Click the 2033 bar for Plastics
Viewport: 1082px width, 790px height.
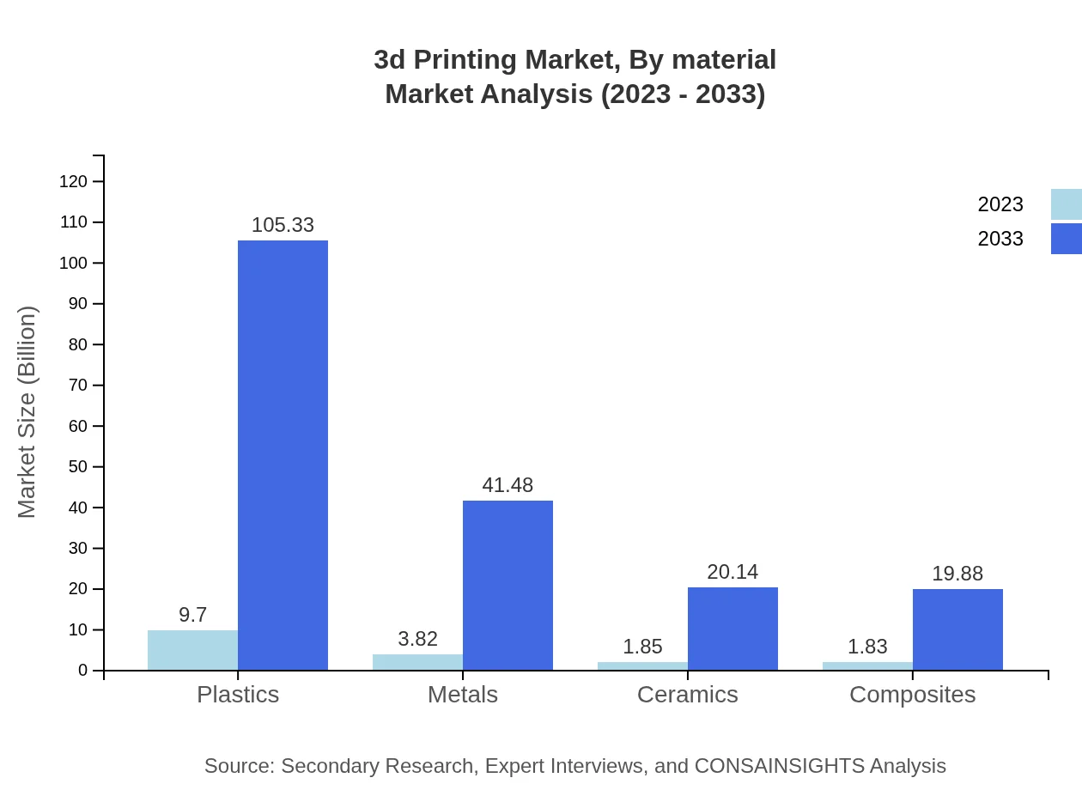click(283, 455)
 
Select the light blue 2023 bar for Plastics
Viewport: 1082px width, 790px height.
click(192, 650)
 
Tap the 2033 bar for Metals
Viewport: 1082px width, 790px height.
click(508, 585)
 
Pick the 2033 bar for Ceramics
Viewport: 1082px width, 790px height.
click(732, 629)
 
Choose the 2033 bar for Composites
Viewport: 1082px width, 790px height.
click(957, 629)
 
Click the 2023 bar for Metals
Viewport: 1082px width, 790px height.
click(417, 662)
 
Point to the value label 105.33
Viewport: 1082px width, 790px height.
click(283, 225)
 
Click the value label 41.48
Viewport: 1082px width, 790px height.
click(508, 485)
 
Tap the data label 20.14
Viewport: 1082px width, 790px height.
click(732, 572)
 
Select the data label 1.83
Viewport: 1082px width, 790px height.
click(867, 647)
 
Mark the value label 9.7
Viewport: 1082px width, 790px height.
click(192, 615)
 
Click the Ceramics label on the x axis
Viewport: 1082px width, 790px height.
click(687, 694)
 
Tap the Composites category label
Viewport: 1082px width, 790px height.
click(912, 694)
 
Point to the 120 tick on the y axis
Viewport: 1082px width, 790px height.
click(73, 181)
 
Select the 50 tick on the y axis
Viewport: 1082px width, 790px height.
click(77, 467)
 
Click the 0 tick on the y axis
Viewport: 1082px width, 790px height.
click(83, 671)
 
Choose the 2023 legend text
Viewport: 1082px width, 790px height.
click(1000, 204)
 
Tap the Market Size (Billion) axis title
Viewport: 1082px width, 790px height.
click(27, 412)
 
